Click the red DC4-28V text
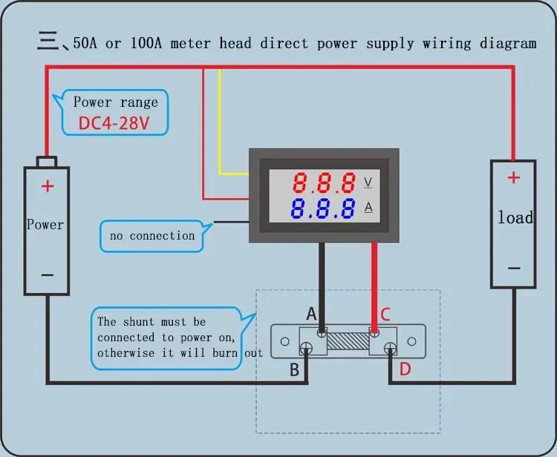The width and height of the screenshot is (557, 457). (114, 123)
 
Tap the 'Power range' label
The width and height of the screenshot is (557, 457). (115, 102)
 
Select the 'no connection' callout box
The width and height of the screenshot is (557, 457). (152, 236)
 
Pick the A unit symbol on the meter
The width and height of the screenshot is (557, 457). (368, 208)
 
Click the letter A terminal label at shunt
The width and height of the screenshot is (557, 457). (312, 314)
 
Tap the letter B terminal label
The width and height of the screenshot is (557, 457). (295, 369)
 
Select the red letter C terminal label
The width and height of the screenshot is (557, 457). (385, 315)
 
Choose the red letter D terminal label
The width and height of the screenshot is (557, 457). (405, 369)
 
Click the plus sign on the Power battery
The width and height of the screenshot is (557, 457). (47, 185)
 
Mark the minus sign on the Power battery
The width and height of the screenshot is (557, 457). (47, 274)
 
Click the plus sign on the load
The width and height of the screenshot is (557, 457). (513, 177)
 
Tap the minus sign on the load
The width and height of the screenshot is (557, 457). (513, 269)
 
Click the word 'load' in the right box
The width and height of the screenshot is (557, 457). (515, 218)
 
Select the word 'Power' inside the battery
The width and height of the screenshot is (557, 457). (45, 224)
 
